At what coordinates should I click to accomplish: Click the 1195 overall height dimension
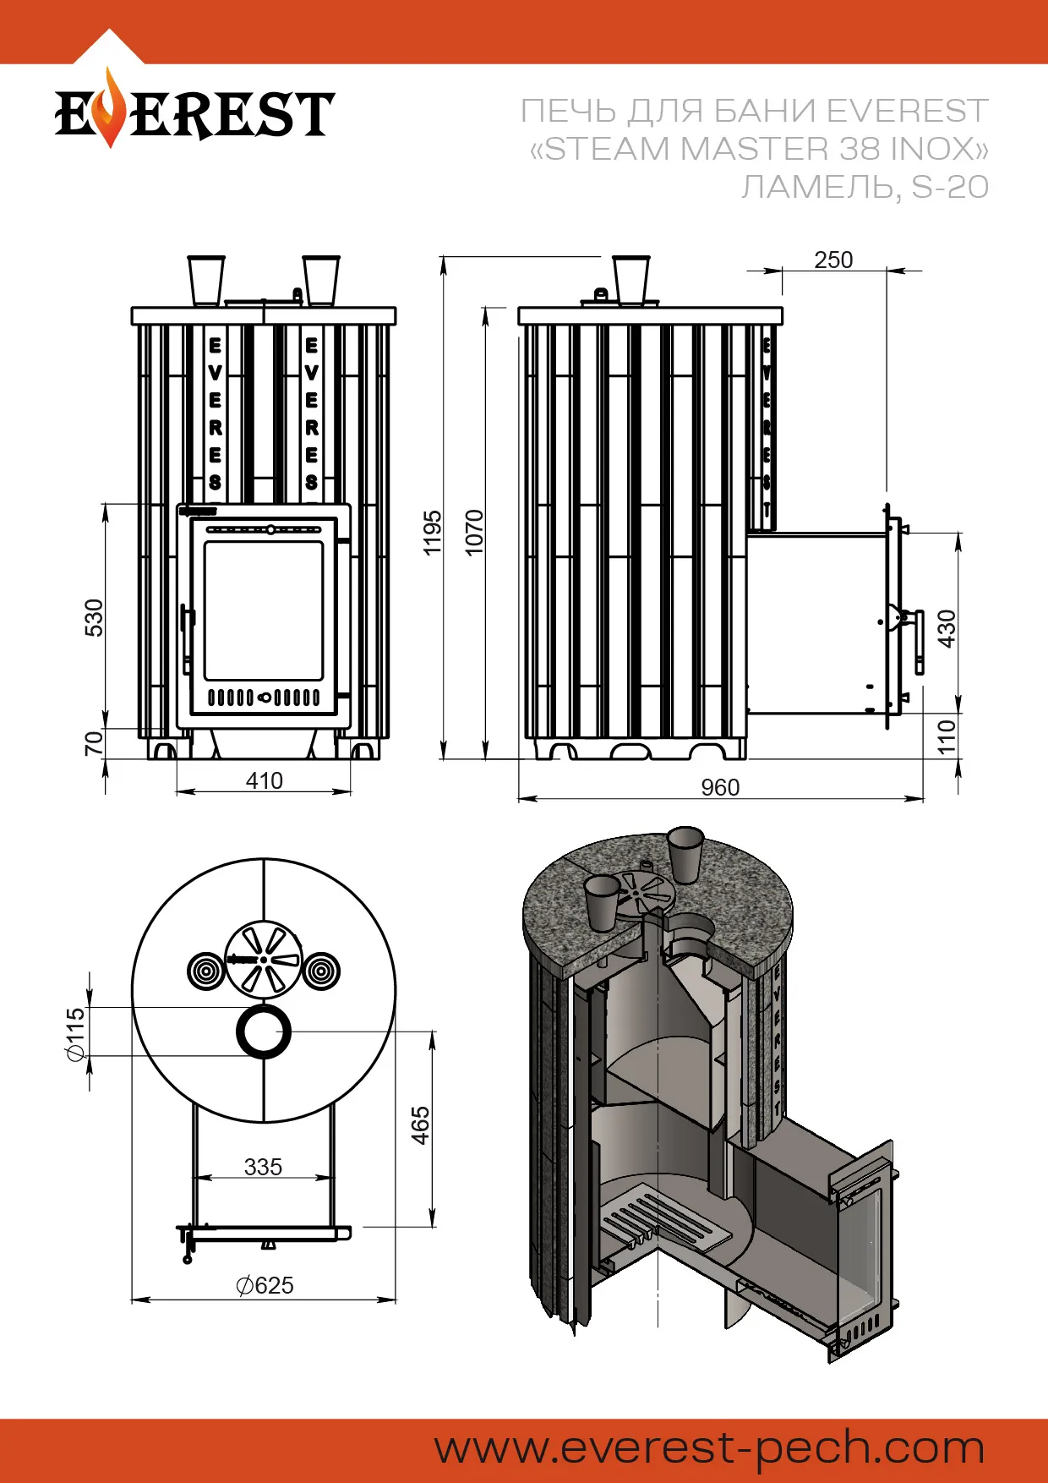pos(433,532)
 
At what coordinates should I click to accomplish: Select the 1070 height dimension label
pos(475,532)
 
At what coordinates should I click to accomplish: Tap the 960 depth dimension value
pos(720,787)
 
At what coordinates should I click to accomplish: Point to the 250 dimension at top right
pos(833,260)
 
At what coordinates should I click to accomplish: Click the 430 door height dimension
pos(947,628)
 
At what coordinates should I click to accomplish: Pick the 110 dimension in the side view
pos(947,736)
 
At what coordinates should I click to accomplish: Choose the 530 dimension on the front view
pos(94,617)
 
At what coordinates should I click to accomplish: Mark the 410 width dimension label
pos(264,780)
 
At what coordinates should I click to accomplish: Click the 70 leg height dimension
pos(94,743)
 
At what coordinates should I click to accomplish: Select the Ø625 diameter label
pos(265,1285)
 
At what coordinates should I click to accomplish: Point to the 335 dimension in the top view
pos(263,1167)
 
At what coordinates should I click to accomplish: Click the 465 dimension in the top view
pos(420,1125)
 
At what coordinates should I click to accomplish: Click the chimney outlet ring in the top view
pos(264,1032)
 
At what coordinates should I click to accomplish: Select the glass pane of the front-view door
pos(264,610)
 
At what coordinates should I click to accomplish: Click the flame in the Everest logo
pos(108,110)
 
